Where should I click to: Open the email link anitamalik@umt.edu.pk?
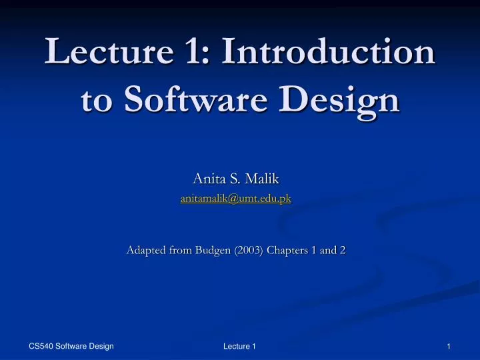coord(236,198)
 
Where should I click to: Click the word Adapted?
coord(147,251)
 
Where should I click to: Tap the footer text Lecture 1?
coord(239,345)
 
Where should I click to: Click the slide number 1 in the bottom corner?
coord(450,345)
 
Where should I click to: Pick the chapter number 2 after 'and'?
coord(343,251)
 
